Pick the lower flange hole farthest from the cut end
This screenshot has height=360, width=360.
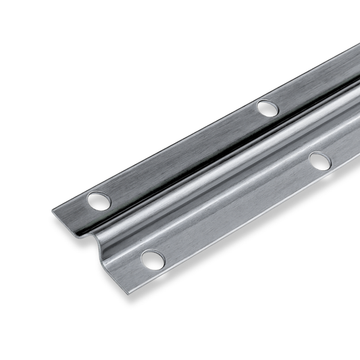(x=319, y=161)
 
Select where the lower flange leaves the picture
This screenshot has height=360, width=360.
(x=356, y=152)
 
